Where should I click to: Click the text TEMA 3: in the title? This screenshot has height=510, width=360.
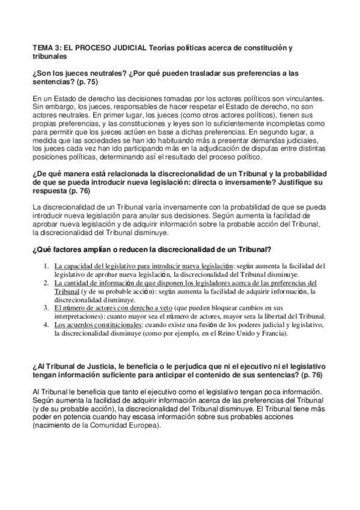pos(45,47)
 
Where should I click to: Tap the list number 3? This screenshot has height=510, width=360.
pos(46,307)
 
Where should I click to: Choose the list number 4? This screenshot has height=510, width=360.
pos(46,325)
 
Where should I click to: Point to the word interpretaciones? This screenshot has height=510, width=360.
pos(79,316)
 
